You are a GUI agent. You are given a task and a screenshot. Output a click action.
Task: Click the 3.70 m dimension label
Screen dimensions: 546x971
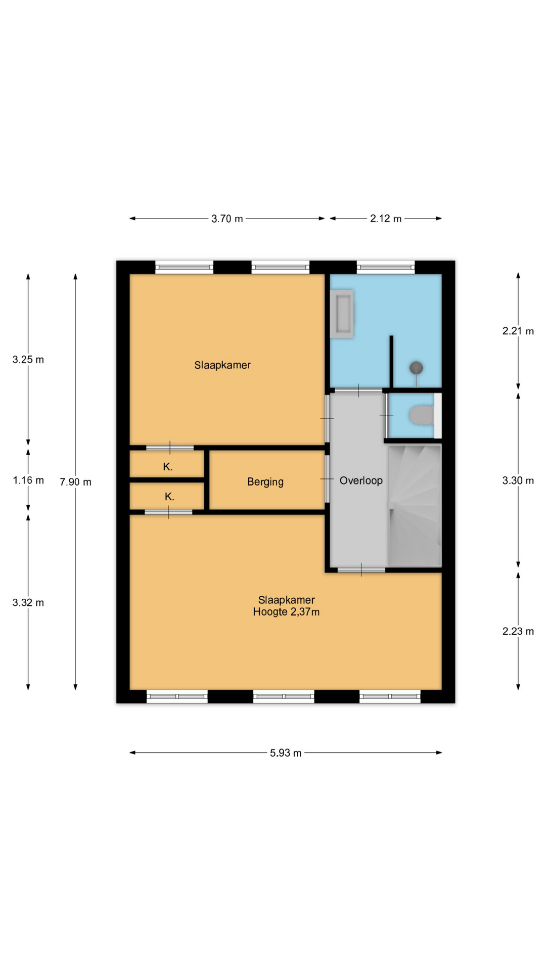(x=227, y=218)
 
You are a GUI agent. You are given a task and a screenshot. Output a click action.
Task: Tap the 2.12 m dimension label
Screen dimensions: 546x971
(x=386, y=218)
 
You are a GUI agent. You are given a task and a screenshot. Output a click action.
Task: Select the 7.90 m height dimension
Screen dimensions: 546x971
(x=75, y=482)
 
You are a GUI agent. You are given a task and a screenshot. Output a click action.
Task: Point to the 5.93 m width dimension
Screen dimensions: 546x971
(x=286, y=753)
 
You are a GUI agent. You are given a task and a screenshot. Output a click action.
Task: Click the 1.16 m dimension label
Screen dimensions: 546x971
(x=28, y=480)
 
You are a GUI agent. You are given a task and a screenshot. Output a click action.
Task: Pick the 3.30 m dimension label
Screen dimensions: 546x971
(x=518, y=480)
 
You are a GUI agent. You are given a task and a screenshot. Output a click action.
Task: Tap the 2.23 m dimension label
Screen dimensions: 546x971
(x=518, y=631)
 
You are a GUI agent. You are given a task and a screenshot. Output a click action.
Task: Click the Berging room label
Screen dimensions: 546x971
(x=265, y=482)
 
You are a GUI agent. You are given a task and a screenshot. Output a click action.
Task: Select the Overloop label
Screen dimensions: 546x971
(x=361, y=480)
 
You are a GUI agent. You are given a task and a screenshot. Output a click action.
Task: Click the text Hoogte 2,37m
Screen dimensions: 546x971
(x=287, y=612)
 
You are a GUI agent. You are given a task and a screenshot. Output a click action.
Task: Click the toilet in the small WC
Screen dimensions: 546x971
(x=422, y=416)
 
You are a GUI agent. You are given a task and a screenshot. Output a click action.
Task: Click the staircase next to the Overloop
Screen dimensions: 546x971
(x=415, y=506)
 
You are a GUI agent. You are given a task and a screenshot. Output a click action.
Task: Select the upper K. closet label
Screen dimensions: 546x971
(x=168, y=467)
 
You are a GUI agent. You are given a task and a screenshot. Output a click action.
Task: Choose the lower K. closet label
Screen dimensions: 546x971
(x=169, y=497)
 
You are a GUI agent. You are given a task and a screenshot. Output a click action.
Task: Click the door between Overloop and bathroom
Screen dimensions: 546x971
(x=359, y=390)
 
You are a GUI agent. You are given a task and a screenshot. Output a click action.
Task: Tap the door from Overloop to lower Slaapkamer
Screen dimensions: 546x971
(x=361, y=570)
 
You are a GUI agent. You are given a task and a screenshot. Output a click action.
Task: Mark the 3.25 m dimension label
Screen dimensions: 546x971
(x=28, y=360)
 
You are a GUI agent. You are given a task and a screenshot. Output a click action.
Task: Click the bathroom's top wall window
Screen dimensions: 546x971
(x=386, y=267)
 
